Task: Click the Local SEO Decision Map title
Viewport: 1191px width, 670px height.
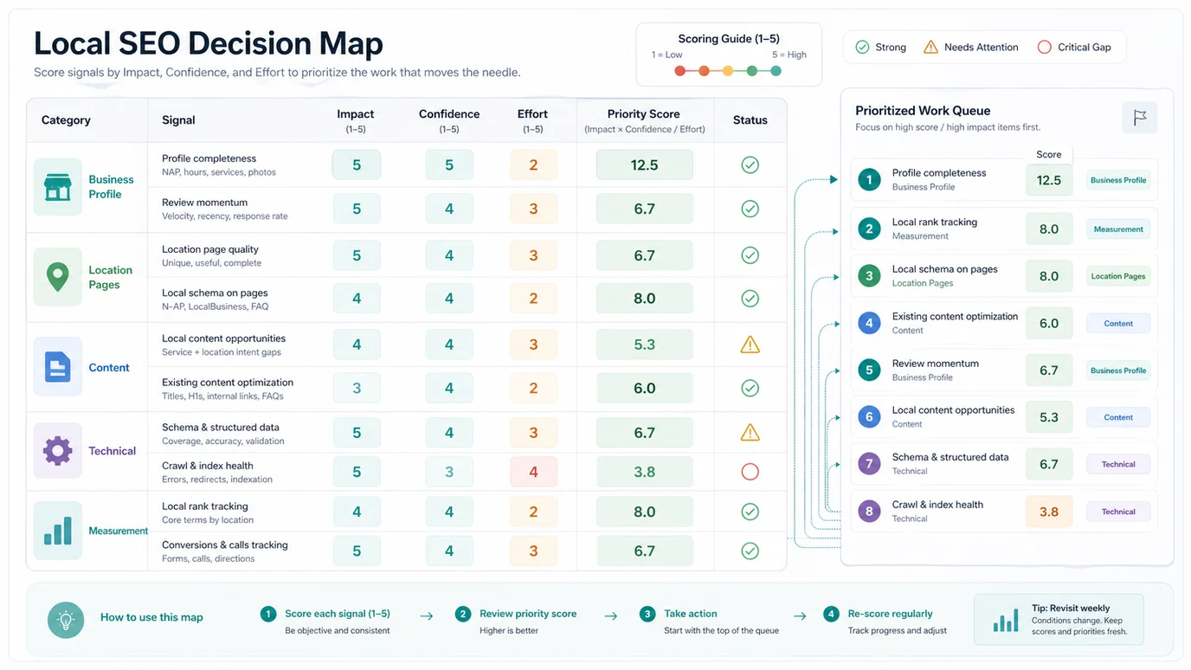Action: (208, 43)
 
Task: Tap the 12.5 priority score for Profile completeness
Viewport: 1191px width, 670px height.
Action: (644, 164)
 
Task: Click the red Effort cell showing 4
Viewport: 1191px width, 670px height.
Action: (533, 472)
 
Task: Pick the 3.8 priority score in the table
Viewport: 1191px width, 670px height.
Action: (644, 472)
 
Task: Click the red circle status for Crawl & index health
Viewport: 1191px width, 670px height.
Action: (750, 472)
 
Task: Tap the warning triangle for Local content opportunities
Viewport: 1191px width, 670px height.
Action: (750, 345)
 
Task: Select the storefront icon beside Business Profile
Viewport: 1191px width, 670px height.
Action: (58, 186)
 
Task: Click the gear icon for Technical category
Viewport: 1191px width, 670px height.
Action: (58, 450)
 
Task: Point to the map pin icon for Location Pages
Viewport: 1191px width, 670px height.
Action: (58, 277)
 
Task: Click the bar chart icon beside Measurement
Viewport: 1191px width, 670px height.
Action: (58, 530)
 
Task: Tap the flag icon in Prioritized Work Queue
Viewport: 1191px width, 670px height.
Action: (1139, 118)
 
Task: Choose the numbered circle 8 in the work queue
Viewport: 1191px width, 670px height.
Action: (869, 511)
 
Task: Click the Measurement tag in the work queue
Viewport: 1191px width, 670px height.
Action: (1117, 229)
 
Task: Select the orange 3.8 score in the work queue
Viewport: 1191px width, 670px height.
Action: (1048, 511)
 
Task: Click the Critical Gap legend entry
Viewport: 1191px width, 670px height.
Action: (1074, 47)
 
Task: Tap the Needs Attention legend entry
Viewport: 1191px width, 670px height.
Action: (970, 47)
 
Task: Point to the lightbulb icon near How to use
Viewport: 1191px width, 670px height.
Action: (66, 620)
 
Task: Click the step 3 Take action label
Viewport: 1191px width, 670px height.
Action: (690, 614)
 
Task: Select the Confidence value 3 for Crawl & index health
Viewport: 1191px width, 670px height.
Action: (448, 472)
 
